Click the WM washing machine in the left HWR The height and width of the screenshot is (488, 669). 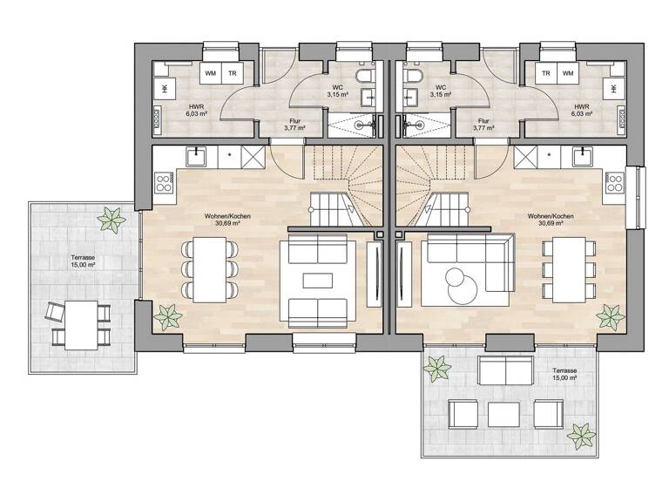coord(211,74)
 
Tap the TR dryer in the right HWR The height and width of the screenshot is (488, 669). coord(545,74)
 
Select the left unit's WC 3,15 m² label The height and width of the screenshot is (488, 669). coord(338,91)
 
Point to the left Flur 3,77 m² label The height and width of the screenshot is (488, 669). coord(294,125)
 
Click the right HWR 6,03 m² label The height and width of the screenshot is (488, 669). coord(582,110)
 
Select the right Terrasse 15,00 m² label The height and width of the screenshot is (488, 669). coord(564,375)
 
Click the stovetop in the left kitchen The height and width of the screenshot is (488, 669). coord(164,182)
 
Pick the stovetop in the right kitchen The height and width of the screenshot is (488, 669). coord(615,182)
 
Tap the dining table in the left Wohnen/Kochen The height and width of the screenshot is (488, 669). coord(210,268)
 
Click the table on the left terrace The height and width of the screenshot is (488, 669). coord(81,323)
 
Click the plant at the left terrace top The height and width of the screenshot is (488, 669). coord(110,219)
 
